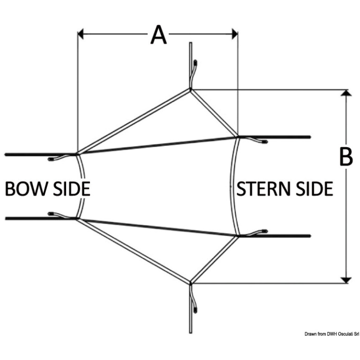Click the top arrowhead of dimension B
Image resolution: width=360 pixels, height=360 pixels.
345,93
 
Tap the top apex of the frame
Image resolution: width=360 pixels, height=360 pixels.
190,89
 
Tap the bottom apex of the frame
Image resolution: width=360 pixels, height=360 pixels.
190,283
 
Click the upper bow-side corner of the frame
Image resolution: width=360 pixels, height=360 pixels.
77,154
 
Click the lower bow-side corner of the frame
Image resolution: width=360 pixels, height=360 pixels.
77,218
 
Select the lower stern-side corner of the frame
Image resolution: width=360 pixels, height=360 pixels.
238,236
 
